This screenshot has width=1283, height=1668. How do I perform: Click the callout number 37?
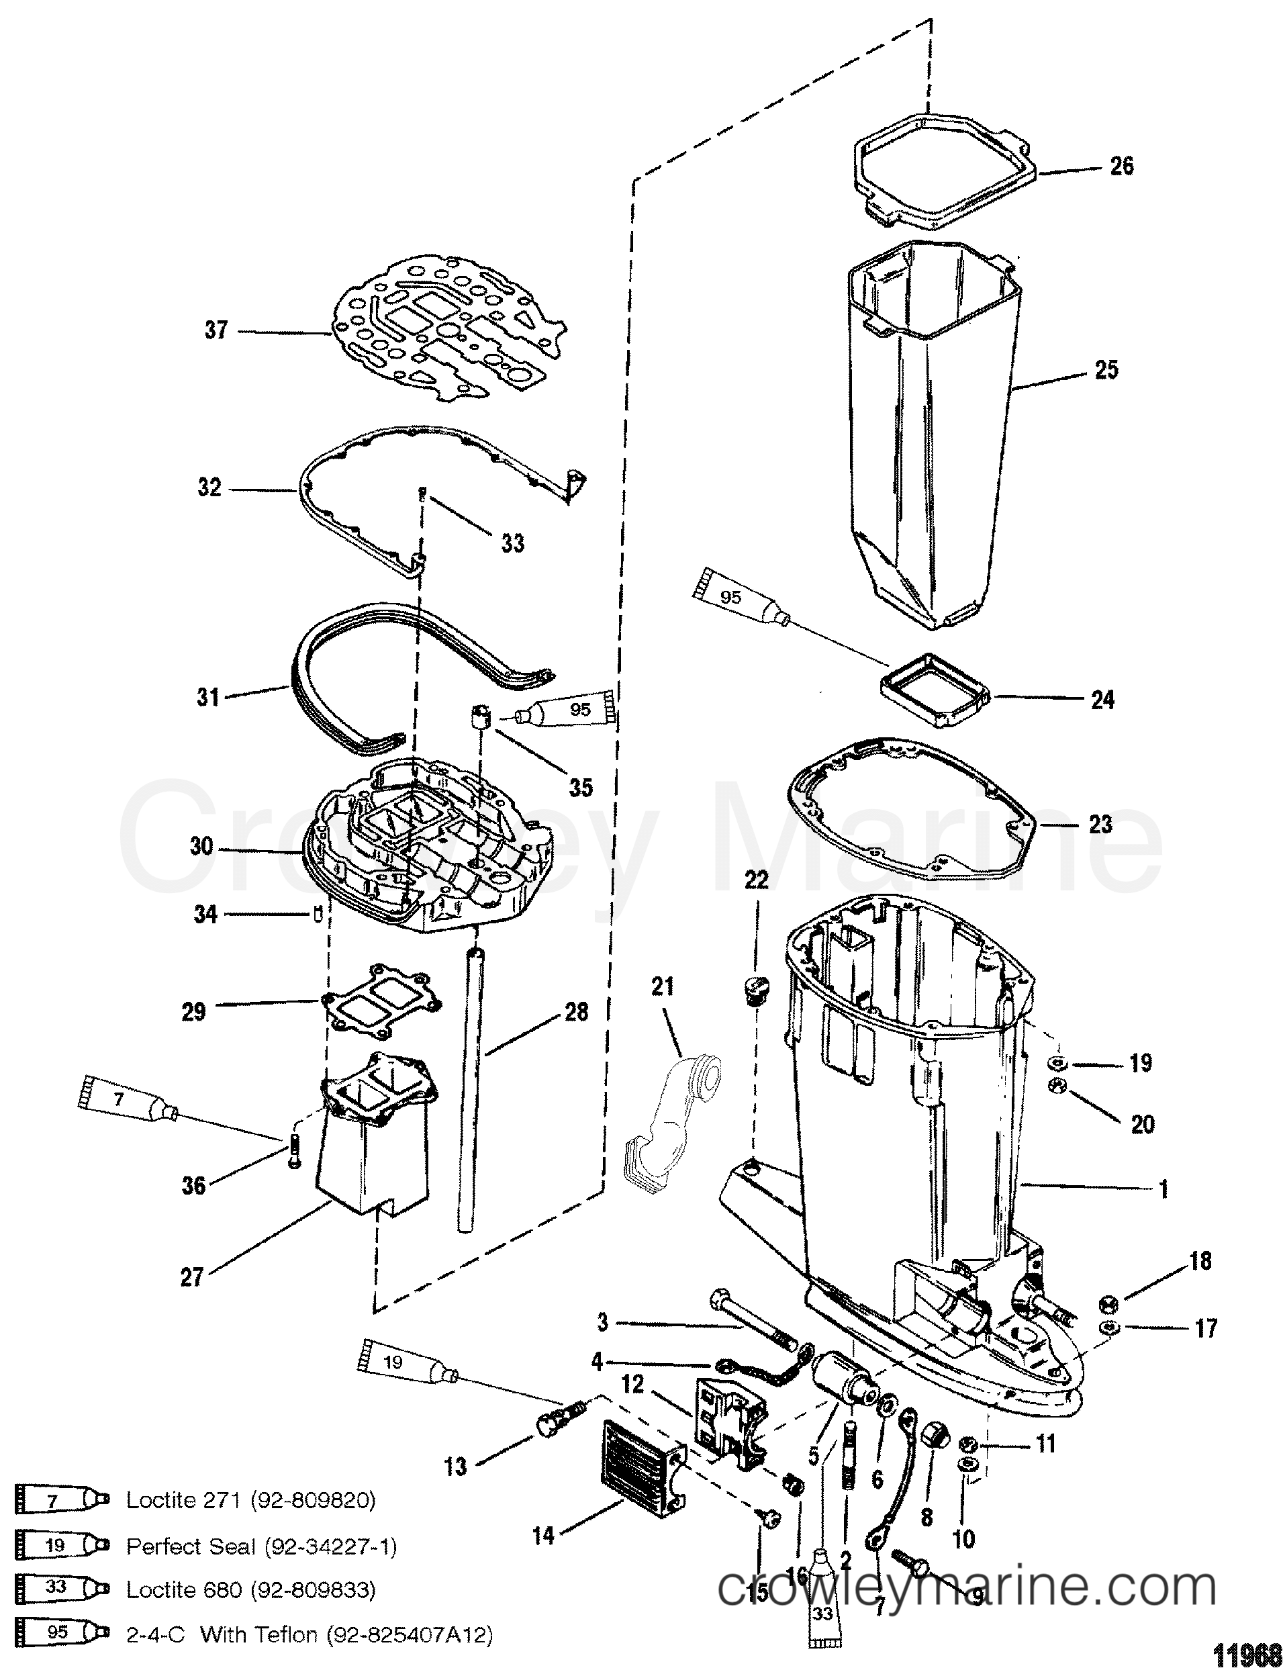click(x=216, y=330)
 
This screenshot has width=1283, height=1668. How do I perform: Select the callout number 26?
click(x=1121, y=166)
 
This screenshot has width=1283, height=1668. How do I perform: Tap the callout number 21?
click(x=663, y=986)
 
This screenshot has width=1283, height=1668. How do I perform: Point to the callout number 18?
click(x=1200, y=1261)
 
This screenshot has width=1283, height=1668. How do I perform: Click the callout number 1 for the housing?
click(x=1163, y=1189)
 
